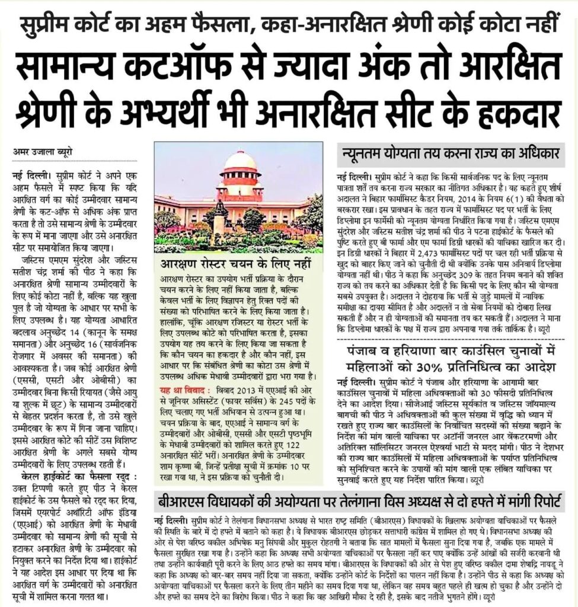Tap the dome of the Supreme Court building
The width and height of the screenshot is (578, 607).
point(239,162)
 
